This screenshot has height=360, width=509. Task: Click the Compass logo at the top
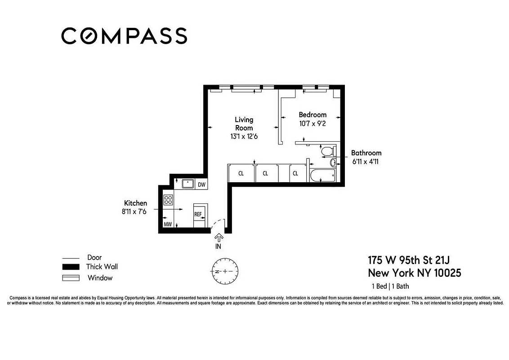coord(124,36)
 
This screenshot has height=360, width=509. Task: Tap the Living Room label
coord(244,124)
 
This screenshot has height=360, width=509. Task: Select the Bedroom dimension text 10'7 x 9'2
coord(313,123)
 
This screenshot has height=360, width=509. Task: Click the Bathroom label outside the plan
coord(366,153)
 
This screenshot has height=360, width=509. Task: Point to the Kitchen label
coord(135,203)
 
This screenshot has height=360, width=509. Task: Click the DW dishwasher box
coord(201,184)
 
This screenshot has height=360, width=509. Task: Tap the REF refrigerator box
coord(198,214)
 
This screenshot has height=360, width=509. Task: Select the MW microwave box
coord(167,224)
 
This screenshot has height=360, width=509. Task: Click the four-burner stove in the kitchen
coord(168,200)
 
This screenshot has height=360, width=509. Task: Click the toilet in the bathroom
coord(327,151)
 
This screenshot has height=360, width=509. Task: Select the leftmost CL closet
coord(241,173)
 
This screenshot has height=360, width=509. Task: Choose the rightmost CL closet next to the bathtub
coord(295,173)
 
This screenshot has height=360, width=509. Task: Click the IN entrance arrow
coord(219,238)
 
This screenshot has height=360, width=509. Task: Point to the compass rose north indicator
coord(225,272)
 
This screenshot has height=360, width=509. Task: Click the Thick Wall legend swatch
coord(71,267)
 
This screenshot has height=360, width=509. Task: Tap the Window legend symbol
coord(71,278)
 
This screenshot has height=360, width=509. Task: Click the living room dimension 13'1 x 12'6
coord(244,136)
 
